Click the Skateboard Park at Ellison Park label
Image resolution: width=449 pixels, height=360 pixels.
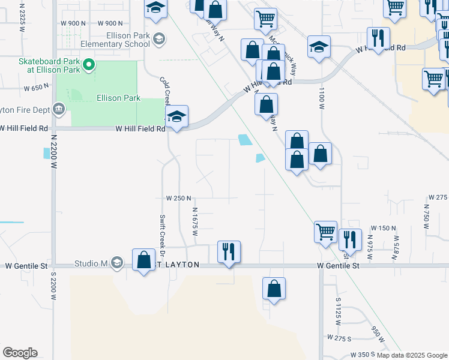click(x=49, y=65)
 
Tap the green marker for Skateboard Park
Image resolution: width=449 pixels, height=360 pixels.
click(x=89, y=64)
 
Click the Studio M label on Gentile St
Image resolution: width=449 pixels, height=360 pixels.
click(x=91, y=263)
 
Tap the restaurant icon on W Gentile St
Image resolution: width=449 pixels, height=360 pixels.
click(x=228, y=251)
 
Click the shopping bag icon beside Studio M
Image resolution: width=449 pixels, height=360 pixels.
click(x=143, y=260)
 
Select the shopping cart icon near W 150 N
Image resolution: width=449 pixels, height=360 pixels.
click(x=325, y=231)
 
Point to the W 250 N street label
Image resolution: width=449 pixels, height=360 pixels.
click(x=178, y=198)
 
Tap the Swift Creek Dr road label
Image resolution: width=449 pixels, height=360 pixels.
click(x=162, y=230)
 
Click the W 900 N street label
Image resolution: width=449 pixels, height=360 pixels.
click(x=73, y=23)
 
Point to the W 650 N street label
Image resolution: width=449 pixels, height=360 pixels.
click(x=35, y=88)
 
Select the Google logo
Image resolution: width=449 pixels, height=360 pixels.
click(x=20, y=353)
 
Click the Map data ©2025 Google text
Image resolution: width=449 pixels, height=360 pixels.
click(x=412, y=355)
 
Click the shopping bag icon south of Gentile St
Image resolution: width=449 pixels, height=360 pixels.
click(x=274, y=289)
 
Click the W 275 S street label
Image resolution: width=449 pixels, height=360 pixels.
click(x=339, y=339)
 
